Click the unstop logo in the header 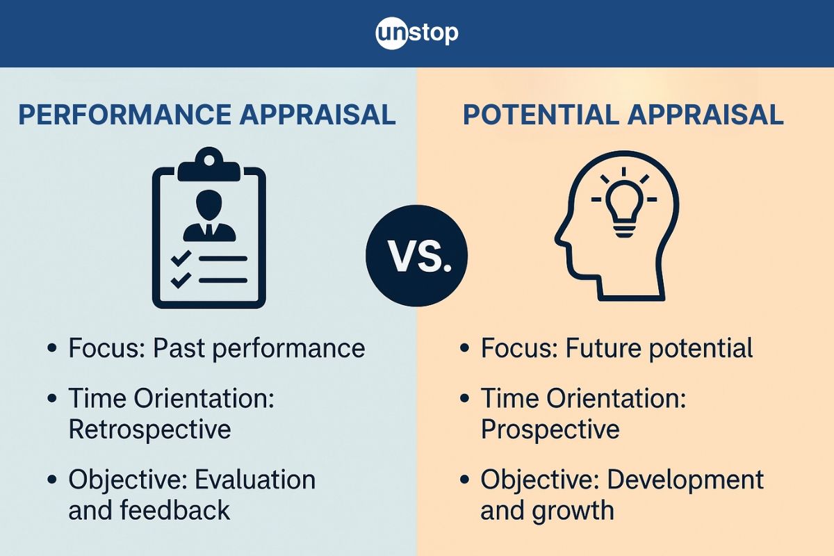point(416,33)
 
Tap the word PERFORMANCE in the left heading point(124,115)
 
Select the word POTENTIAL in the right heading point(541,115)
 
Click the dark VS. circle point(416,256)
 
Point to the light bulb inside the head point(623,208)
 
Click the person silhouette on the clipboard point(209,215)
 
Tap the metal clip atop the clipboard point(209,164)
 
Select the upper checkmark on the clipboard point(181,258)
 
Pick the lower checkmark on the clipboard point(181,280)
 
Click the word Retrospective point(149,430)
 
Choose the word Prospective point(550,430)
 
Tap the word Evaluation point(256,480)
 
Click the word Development point(685,480)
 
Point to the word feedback point(175,510)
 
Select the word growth point(573,511)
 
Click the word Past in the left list point(179,348)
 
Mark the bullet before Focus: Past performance point(52,348)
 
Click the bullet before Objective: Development point(464,479)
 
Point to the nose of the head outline point(557,239)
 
